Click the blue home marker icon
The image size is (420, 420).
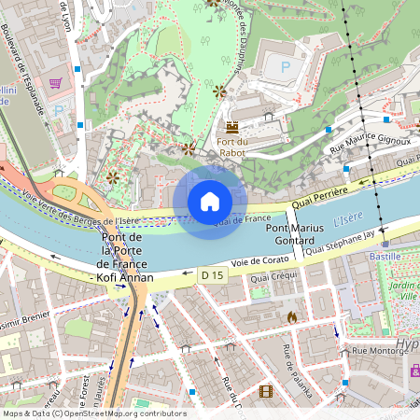(x=210, y=201)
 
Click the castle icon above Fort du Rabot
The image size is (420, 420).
(x=232, y=126)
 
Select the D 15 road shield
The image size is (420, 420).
(x=212, y=275)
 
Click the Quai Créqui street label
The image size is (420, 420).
(x=273, y=277)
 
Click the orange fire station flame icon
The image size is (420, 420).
(x=292, y=317)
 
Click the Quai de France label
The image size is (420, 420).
(x=235, y=220)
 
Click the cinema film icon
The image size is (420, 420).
(x=266, y=391)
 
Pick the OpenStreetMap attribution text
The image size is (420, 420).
(x=93, y=413)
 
